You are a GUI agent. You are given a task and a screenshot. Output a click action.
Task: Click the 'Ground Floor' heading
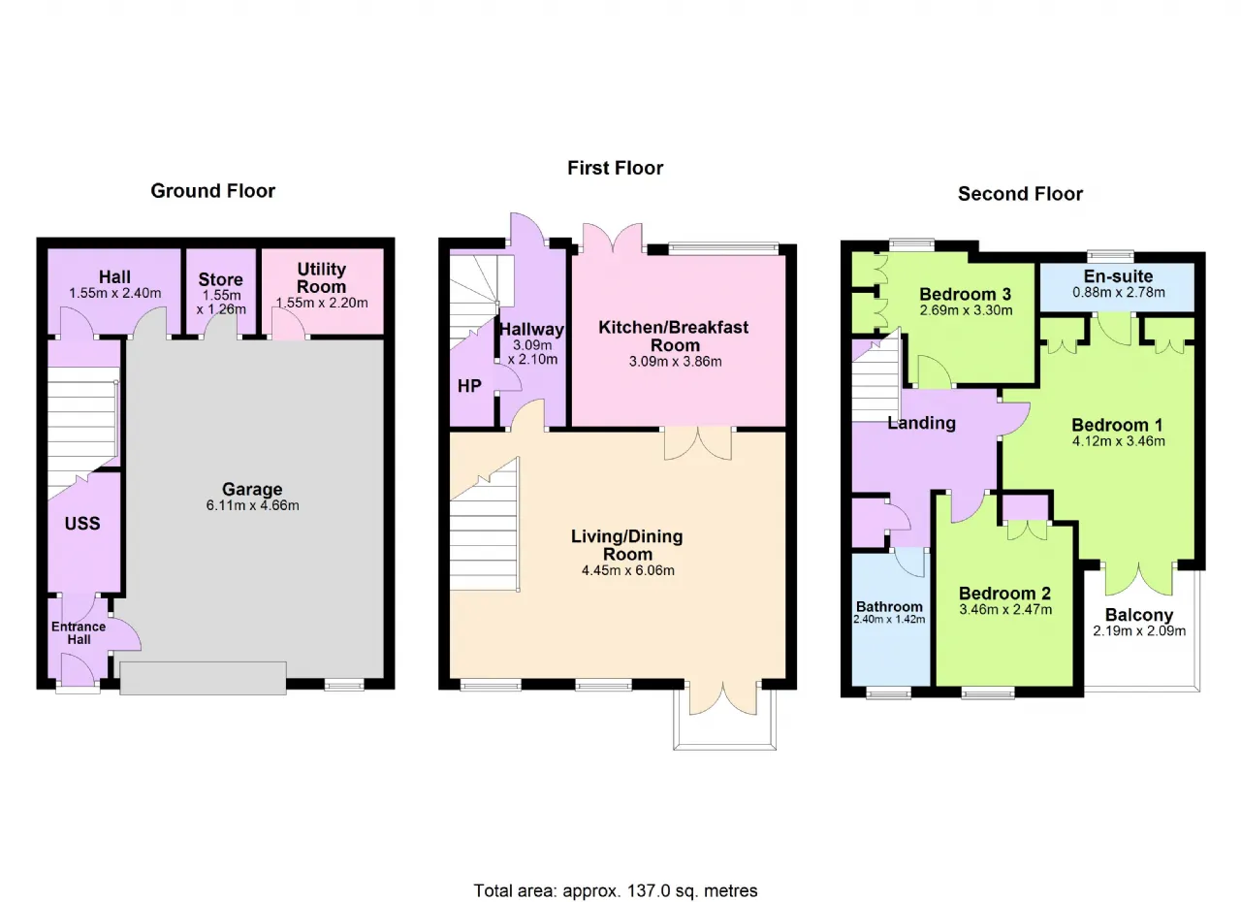(x=212, y=191)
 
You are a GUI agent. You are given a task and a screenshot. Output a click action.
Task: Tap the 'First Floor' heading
(x=615, y=168)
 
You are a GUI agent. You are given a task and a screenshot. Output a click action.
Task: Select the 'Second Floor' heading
(x=1020, y=194)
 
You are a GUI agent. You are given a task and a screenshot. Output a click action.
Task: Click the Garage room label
(x=252, y=489)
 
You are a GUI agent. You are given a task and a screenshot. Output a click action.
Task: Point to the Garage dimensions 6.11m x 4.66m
(x=253, y=505)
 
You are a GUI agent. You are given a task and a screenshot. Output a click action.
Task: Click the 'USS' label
(x=82, y=524)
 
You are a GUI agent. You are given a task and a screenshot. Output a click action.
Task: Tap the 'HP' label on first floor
(x=469, y=386)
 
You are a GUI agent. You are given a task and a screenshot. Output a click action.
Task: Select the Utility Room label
(x=321, y=277)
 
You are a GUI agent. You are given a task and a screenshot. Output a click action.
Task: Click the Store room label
(x=220, y=279)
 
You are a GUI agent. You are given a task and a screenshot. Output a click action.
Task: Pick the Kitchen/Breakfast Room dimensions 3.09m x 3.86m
(x=676, y=362)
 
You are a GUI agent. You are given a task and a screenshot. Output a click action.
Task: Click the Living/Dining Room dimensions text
(x=627, y=570)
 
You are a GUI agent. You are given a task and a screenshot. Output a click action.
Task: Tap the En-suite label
(x=1118, y=275)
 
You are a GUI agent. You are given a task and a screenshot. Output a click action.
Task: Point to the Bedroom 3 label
(x=965, y=294)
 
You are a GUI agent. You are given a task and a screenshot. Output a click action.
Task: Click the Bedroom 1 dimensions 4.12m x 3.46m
(x=1118, y=441)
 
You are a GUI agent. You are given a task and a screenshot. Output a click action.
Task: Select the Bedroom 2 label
(x=1004, y=594)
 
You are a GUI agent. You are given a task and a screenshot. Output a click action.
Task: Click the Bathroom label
(x=889, y=607)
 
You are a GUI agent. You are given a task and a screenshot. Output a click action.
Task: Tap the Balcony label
(x=1139, y=615)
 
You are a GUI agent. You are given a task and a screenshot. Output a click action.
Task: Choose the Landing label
(x=921, y=423)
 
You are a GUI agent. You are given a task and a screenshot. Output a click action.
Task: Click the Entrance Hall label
(x=79, y=633)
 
